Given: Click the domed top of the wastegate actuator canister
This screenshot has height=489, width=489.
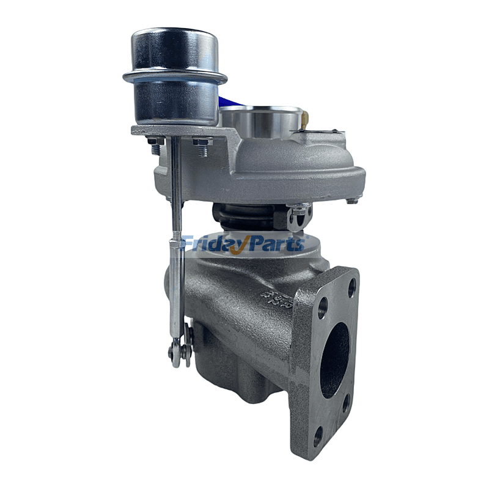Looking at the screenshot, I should (x=174, y=46).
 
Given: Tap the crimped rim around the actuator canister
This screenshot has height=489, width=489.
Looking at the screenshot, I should (x=174, y=78).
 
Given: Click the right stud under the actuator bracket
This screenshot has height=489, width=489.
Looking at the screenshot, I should (x=202, y=145).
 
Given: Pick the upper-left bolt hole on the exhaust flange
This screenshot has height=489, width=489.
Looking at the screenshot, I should (x=322, y=306).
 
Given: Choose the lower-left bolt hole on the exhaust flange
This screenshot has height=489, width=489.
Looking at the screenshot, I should (x=318, y=435).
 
